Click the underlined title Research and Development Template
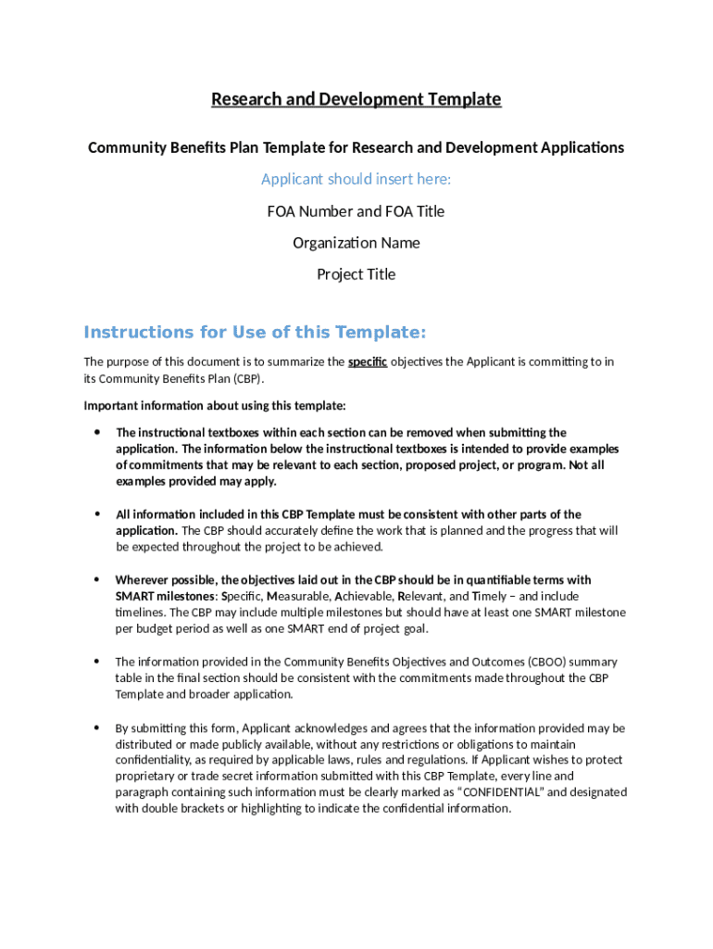pos(356,99)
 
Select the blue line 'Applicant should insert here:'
pos(356,179)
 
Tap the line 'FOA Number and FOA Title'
pos(356,211)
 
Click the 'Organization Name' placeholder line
pos(356,243)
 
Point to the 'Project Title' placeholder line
pos(356,274)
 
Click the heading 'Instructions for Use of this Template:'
pos(255,333)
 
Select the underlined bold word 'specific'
pos(368,361)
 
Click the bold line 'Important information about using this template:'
pos(215,406)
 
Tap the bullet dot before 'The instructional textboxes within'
pos(96,433)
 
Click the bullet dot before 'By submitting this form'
pos(96,728)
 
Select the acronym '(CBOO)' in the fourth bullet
pos(549,662)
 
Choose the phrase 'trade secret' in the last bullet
pos(209,777)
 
